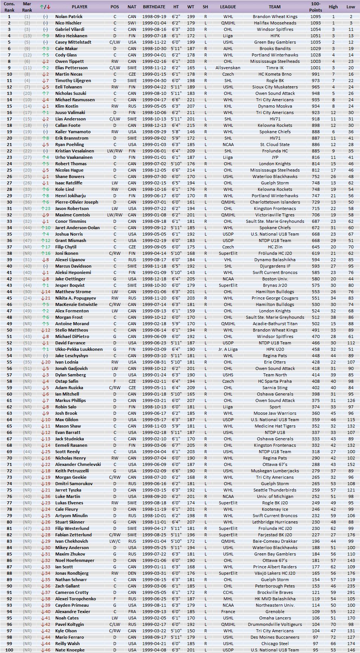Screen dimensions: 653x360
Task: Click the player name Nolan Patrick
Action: (69, 17)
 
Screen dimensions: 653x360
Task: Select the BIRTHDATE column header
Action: (154, 7)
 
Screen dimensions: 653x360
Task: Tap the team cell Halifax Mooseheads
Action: (275, 23)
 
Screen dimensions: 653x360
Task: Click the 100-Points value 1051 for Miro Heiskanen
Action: (315, 36)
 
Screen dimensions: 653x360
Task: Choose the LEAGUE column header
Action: (228, 7)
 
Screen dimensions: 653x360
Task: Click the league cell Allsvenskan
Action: (228, 68)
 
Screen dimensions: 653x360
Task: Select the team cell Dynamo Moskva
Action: (275, 106)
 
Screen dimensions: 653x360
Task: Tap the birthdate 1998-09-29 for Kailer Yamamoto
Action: (154, 132)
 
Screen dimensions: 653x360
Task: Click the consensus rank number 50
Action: (9, 330)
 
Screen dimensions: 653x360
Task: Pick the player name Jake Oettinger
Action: (70, 279)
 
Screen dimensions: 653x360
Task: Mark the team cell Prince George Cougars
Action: (275, 298)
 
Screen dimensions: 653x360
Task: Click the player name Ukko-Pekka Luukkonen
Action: (79, 349)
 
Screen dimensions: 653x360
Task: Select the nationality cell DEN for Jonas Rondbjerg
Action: (132, 573)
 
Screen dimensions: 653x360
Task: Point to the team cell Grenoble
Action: (275, 612)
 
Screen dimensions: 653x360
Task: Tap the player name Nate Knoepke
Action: (70, 650)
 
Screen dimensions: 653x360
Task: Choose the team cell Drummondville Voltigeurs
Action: (275, 624)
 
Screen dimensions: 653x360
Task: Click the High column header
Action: (333, 7)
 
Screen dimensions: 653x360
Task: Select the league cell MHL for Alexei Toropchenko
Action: (228, 599)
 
